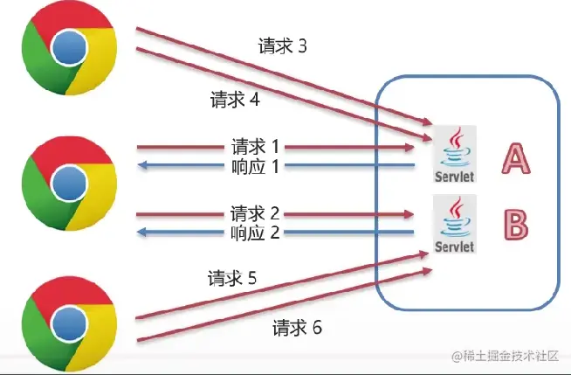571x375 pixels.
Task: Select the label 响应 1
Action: click(x=256, y=165)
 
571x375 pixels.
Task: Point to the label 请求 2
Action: click(x=255, y=212)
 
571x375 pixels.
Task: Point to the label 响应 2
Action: click(x=255, y=233)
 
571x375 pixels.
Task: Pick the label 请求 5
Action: click(x=232, y=279)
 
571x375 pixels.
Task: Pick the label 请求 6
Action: click(x=297, y=328)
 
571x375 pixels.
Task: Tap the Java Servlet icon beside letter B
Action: click(x=456, y=225)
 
